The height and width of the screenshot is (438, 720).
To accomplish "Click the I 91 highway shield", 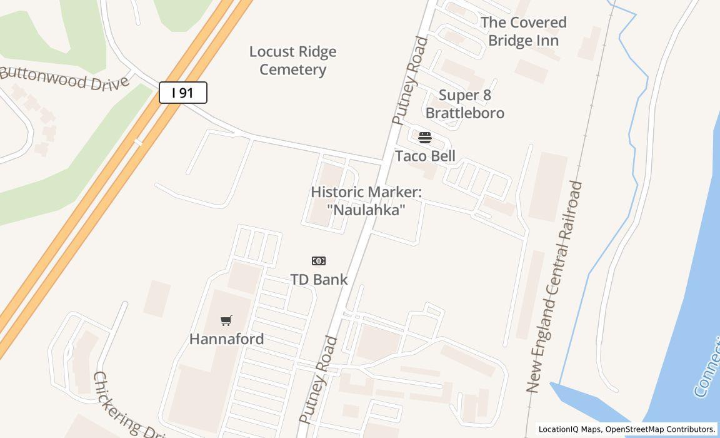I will [182, 93].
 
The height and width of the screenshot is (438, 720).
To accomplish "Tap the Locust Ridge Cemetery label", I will [292, 61].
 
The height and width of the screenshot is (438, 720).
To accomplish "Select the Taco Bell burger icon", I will [425, 138].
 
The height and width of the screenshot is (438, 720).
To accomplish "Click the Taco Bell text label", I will [425, 156].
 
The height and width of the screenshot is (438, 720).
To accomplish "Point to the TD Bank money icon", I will [319, 261].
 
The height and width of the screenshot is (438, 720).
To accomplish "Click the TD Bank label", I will [319, 279].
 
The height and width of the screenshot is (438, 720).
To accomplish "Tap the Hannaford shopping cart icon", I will [226, 321].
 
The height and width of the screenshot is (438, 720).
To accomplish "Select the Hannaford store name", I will [226, 339].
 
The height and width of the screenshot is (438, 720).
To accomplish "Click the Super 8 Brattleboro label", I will [465, 104].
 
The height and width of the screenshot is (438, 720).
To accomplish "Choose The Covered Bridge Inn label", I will [523, 31].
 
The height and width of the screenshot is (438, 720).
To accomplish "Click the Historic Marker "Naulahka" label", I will [366, 201].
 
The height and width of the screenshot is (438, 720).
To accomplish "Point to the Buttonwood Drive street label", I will [64, 79].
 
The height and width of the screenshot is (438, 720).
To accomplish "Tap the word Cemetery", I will [292, 69].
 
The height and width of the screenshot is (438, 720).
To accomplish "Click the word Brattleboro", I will [465, 113].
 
